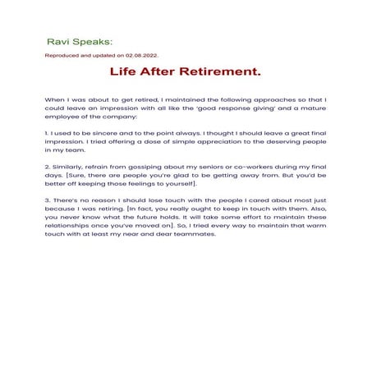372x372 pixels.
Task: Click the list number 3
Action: click(47, 200)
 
